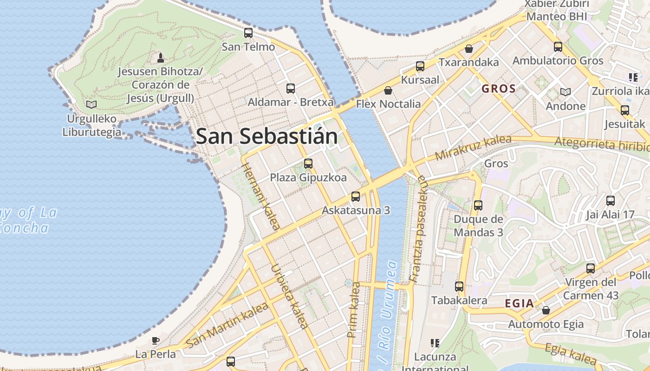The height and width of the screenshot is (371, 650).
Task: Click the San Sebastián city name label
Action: [266, 136]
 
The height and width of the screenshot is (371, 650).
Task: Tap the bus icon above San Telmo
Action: [248, 33]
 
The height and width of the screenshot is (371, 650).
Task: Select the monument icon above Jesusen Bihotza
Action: [161, 58]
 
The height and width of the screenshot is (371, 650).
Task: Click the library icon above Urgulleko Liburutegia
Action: [91, 104]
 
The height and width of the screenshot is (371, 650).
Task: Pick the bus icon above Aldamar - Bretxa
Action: [291, 88]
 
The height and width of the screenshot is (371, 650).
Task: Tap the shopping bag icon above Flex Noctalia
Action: [388, 90]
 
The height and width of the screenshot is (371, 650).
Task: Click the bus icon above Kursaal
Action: [420, 66]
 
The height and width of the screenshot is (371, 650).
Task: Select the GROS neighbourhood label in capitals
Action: [499, 89]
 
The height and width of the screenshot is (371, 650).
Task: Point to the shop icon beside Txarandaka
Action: [469, 49]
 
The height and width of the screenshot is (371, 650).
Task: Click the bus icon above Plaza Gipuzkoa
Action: [308, 163]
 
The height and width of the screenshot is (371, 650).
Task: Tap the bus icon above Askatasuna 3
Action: [356, 196]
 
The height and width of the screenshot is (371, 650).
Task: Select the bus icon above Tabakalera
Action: [459, 287]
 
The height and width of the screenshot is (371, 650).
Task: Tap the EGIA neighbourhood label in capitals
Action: [519, 304]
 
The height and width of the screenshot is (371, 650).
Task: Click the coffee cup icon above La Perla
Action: [156, 340]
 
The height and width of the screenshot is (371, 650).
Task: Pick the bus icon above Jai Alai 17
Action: [611, 201]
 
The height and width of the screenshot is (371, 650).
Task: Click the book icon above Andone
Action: [565, 92]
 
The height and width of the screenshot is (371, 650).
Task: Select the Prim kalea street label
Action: [354, 310]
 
